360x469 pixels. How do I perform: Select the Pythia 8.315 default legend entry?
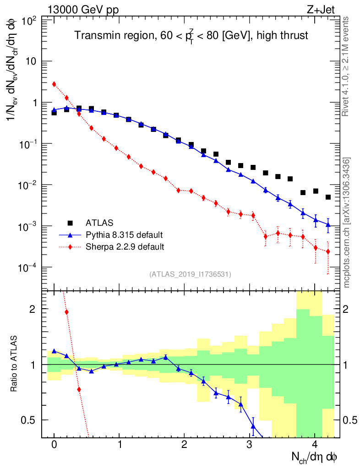click(x=124, y=235)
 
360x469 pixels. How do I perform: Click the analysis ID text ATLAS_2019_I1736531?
click(x=190, y=274)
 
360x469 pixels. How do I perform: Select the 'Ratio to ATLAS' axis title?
click(x=14, y=364)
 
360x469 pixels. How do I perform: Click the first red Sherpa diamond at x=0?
click(x=54, y=84)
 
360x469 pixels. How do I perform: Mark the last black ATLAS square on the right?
click(x=328, y=197)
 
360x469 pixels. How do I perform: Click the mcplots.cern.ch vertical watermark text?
click(x=347, y=222)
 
